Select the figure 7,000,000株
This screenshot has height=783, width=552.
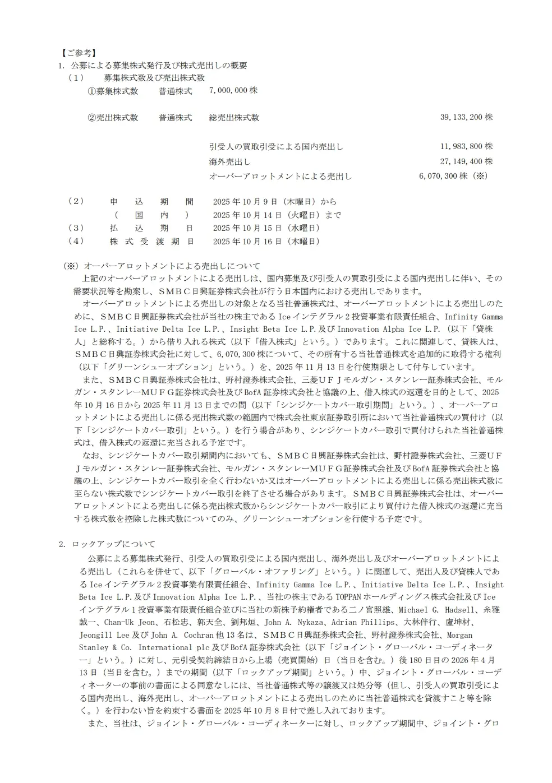[x=233, y=91]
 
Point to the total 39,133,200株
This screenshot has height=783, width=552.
[x=466, y=118]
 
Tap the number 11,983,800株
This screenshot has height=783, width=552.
[x=466, y=147]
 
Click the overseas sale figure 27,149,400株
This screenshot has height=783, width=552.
[x=466, y=161]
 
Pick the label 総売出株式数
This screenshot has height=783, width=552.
[x=234, y=118]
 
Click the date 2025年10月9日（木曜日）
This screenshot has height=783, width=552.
[x=267, y=202]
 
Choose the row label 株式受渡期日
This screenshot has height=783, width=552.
[x=152, y=242]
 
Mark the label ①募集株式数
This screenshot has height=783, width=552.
[x=112, y=91]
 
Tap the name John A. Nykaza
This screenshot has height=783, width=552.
[x=295, y=622]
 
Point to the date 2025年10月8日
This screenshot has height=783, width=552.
[x=252, y=711]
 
